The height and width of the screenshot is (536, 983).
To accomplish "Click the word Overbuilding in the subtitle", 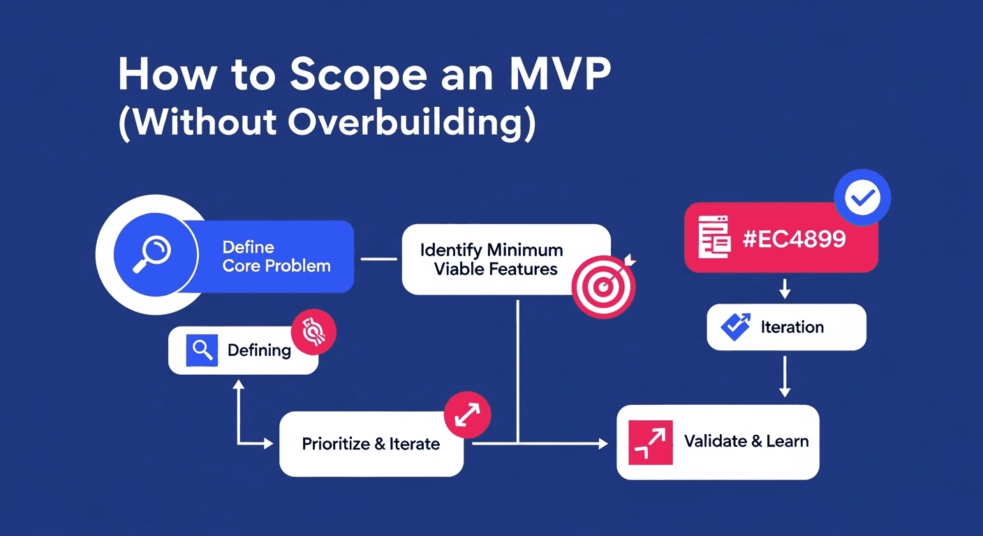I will tap(406, 124).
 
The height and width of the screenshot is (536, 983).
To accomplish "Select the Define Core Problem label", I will tap(276, 256).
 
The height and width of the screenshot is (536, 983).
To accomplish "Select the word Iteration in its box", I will tap(792, 327).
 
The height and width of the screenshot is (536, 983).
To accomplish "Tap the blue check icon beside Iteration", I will tap(734, 327).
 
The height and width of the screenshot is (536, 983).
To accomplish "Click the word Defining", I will tap(259, 350).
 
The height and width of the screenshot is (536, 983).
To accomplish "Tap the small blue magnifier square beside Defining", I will tap(202, 350).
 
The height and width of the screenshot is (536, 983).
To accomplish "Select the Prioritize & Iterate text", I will tap(371, 444).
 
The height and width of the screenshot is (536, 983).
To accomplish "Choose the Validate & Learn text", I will tap(746, 441).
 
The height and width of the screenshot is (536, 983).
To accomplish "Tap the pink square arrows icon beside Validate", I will tap(650, 442).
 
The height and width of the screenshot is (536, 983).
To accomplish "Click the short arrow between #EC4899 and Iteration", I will tap(785, 288).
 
